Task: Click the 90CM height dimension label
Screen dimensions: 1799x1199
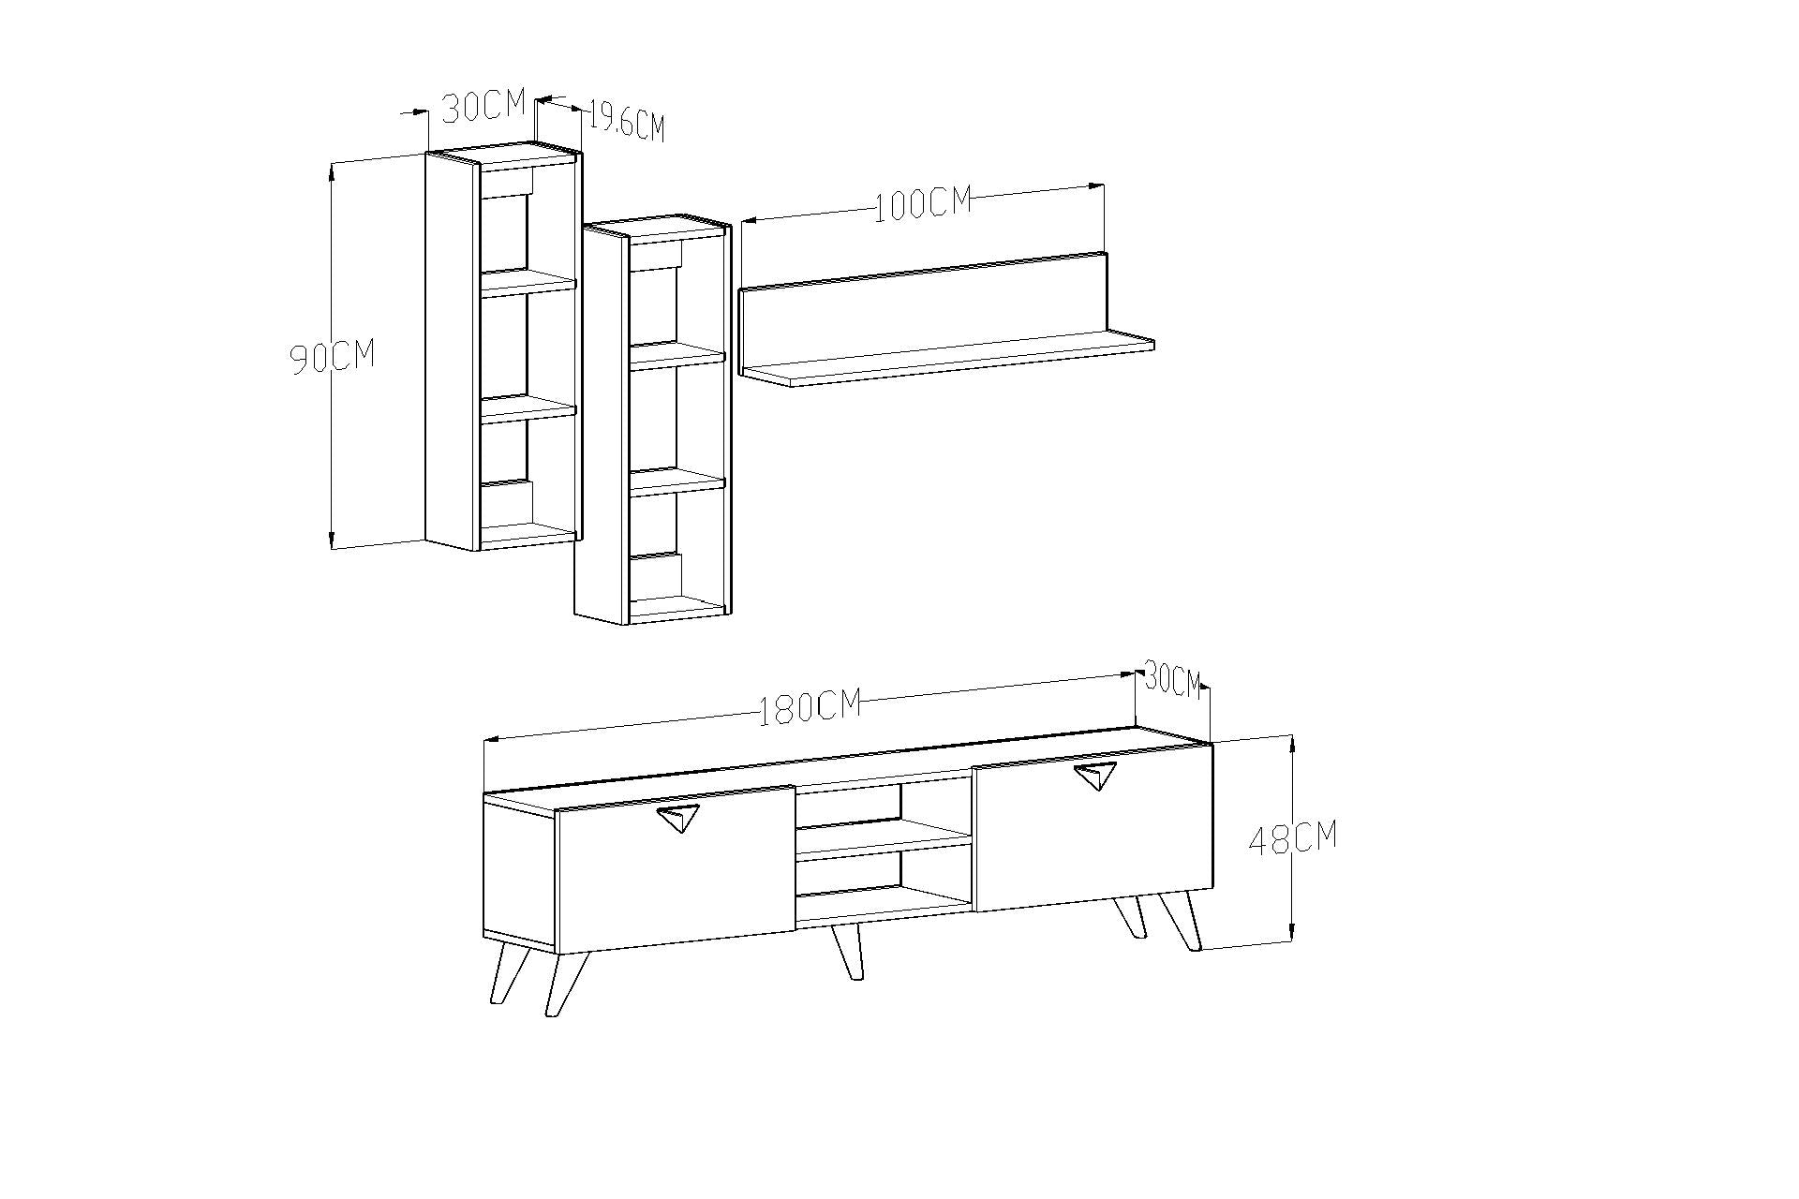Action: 332,357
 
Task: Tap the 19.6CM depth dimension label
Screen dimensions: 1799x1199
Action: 626,124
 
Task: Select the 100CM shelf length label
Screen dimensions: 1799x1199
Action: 923,204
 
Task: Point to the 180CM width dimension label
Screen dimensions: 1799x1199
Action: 810,707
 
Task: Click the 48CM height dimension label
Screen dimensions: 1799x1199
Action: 1293,838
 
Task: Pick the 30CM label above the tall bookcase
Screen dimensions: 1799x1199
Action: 483,107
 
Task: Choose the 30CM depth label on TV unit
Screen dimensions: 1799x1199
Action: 1172,680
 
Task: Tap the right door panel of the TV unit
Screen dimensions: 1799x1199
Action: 1093,836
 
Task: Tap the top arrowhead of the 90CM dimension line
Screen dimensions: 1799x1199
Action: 332,169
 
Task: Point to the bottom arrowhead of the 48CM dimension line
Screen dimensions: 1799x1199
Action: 1293,932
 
